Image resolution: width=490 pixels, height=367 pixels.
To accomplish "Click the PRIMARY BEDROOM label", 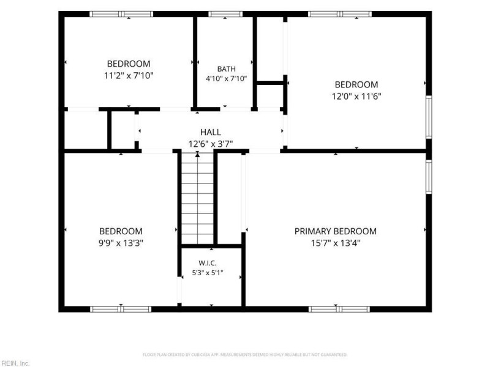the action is click(335, 231).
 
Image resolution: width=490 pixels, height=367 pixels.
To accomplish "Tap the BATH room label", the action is click(226, 69).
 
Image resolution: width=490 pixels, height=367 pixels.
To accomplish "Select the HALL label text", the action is click(211, 132).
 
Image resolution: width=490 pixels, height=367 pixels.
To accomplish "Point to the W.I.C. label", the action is click(208, 263).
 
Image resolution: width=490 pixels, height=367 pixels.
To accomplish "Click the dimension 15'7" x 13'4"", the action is click(336, 243).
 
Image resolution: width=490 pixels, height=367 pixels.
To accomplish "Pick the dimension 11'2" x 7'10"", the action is click(129, 75).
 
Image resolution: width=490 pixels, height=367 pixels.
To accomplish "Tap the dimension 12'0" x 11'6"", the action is click(356, 96).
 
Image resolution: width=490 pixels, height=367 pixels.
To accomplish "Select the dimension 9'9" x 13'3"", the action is click(121, 243).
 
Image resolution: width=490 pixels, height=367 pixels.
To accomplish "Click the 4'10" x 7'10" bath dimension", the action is click(226, 78).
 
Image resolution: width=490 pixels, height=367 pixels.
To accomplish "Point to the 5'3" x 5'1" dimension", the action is click(208, 273).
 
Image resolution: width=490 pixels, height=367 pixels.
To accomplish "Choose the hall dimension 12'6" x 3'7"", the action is click(211, 144).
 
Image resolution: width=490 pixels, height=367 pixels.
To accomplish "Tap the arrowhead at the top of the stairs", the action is click(197, 154).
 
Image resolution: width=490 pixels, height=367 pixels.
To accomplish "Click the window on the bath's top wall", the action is click(225, 14).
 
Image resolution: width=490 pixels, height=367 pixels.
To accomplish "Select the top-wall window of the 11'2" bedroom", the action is click(121, 14).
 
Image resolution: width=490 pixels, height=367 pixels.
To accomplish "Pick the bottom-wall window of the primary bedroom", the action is click(339, 310).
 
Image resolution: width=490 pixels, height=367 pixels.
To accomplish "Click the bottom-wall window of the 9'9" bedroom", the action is click(121, 310).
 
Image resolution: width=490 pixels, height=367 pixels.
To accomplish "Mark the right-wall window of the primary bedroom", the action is click(429, 177).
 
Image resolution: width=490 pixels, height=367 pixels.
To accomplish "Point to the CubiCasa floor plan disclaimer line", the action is click(245, 355).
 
